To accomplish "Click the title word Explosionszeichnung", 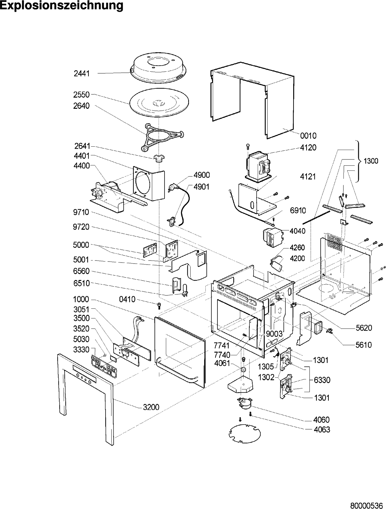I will coord(62,6).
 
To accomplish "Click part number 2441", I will coord(82,74).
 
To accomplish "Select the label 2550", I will coord(82,94).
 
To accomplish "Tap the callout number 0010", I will coord(308,136).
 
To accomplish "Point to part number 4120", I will coord(308,148).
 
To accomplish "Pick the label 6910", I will coord(298,210).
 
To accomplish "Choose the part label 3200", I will coord(151,407).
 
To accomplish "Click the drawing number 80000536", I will coord(367,503).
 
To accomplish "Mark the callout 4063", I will coord(322,430).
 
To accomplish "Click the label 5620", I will coord(364,328).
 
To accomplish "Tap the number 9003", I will coord(274,334).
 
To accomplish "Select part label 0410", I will coord(127,299).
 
